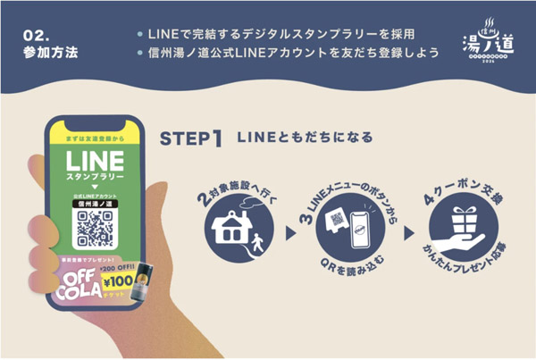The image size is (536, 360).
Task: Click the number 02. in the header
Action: [x=36, y=34]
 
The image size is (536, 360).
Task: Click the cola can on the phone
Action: [x=138, y=283]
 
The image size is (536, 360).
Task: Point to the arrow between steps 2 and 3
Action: [x=290, y=234]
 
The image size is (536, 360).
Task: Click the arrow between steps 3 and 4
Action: [x=409, y=234]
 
